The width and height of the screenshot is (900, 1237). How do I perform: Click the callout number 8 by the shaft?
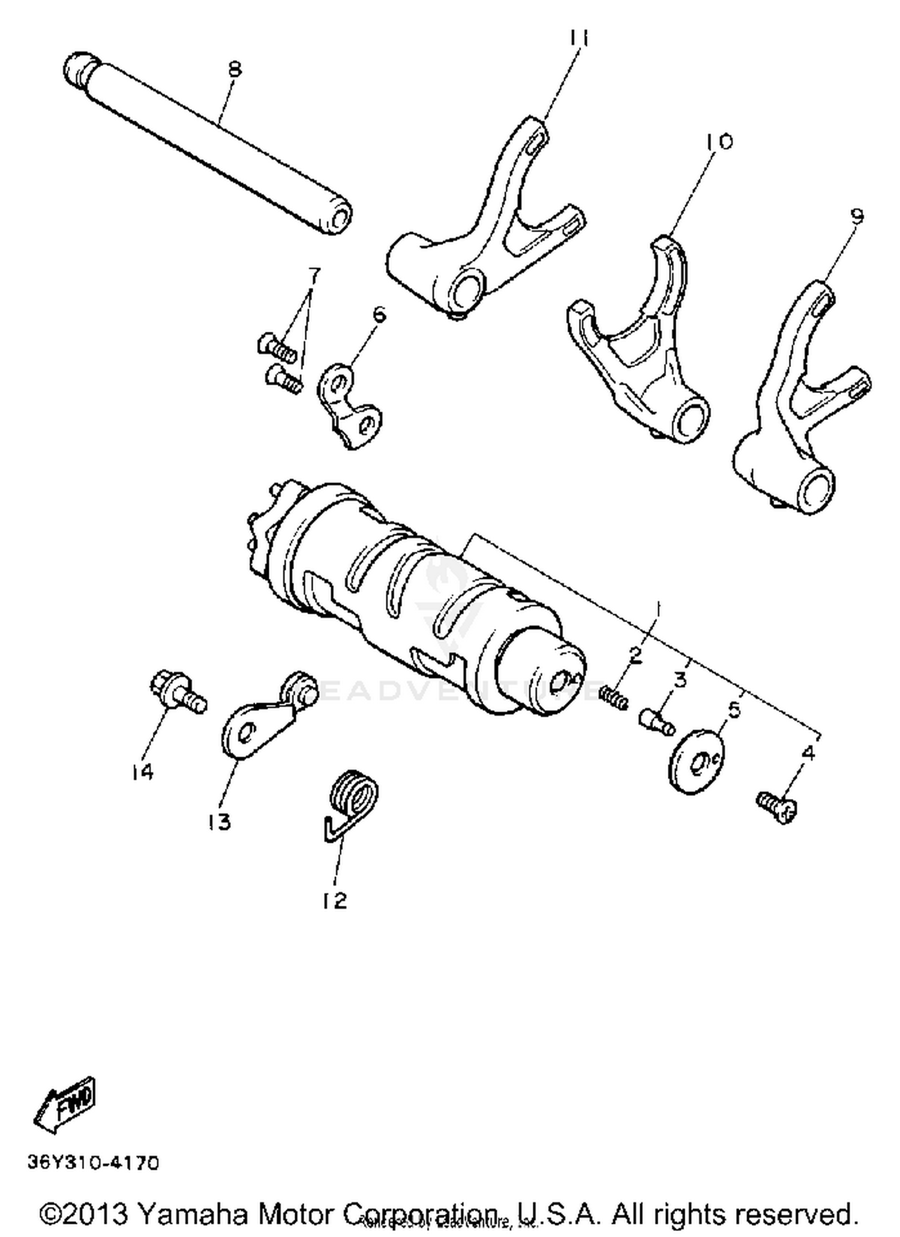click(x=235, y=70)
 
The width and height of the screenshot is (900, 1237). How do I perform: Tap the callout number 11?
click(x=578, y=38)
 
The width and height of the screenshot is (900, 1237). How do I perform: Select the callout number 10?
click(x=719, y=142)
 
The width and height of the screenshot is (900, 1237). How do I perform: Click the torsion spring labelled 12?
click(x=351, y=801)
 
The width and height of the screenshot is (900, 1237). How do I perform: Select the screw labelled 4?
click(x=777, y=807)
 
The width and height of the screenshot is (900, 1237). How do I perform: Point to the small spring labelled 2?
click(x=613, y=697)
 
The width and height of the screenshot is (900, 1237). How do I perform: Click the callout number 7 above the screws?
click(x=313, y=276)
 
